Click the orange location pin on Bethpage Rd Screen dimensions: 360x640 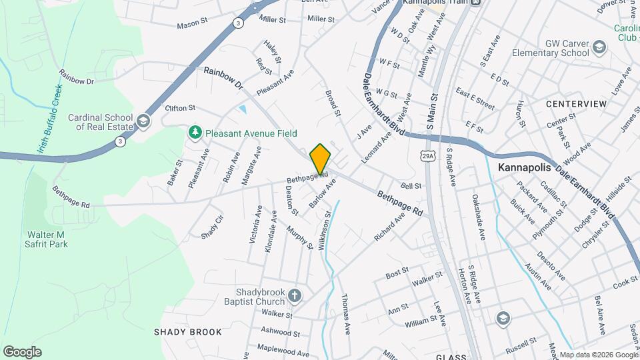click(320, 159)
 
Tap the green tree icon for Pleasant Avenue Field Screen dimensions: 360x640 click(195, 133)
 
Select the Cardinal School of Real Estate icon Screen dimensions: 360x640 click(143, 121)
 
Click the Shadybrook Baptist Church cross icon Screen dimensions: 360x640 click(295, 295)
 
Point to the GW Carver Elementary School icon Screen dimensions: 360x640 click(599, 47)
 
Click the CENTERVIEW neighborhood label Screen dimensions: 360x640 click(576, 104)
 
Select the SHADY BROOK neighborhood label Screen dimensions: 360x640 click(183, 332)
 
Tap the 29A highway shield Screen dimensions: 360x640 click(427, 155)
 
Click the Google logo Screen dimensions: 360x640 click(22, 352)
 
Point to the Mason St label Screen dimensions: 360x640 click(193, 25)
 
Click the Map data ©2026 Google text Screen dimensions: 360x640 click(598, 355)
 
